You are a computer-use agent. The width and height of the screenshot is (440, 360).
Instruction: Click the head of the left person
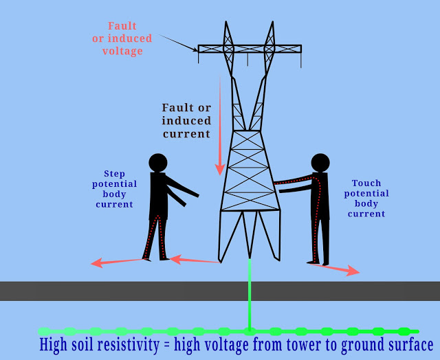click(x=158, y=163)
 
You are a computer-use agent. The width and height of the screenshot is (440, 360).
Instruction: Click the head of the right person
click(x=320, y=163)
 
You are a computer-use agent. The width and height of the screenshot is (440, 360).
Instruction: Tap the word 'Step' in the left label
click(x=114, y=174)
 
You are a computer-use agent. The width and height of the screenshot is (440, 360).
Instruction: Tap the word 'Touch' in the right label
click(x=366, y=183)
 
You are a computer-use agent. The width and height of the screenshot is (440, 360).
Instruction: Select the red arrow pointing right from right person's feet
click(x=337, y=269)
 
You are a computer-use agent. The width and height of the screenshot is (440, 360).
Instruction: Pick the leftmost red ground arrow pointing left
click(x=117, y=262)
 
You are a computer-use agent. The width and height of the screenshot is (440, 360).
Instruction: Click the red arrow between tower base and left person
click(x=195, y=260)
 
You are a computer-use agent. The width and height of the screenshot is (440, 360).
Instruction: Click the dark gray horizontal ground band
click(x=220, y=291)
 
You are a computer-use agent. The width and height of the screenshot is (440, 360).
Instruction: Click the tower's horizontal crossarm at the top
click(x=249, y=49)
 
